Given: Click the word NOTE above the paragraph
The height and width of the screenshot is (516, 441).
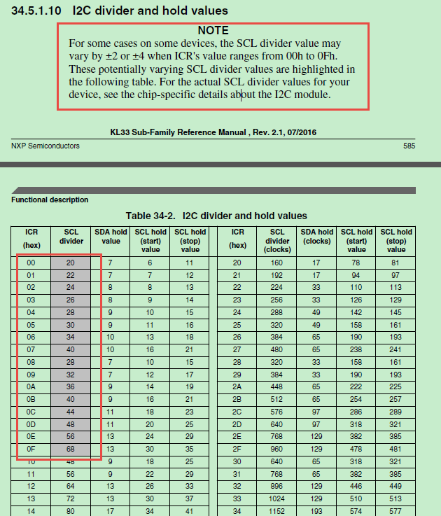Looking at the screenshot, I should (x=213, y=31).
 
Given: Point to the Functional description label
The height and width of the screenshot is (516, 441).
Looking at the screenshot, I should (x=50, y=200).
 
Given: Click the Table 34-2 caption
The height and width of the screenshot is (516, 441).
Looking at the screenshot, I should (x=216, y=216).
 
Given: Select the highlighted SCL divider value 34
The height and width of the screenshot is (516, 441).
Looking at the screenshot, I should (x=70, y=336).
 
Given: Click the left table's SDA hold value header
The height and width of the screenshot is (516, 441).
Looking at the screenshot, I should (x=110, y=236).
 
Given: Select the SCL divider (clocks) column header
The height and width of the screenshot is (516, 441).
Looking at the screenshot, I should (x=278, y=240).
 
